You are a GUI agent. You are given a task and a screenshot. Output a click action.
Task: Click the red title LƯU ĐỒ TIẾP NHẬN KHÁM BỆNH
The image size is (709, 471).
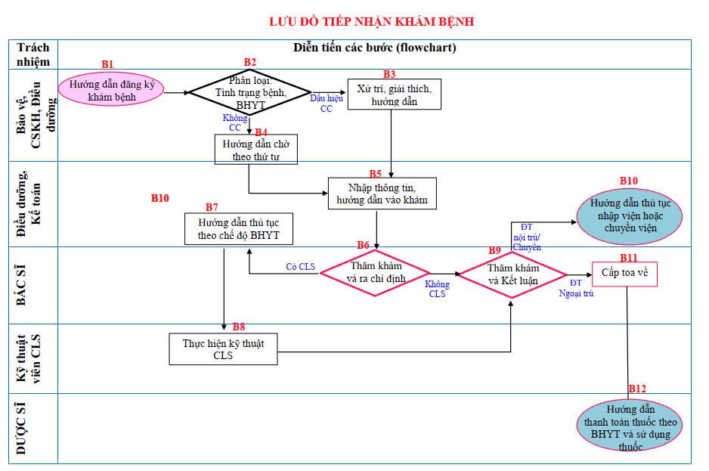[372, 21]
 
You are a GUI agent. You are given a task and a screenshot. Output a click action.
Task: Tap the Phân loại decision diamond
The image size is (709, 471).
[249, 92]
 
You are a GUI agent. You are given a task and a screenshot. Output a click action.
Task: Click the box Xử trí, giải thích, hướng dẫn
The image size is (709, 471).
[394, 95]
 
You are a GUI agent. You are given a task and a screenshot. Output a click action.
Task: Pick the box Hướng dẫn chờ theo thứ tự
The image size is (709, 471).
[255, 150]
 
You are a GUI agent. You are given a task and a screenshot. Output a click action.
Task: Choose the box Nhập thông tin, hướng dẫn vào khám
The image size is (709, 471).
[382, 194]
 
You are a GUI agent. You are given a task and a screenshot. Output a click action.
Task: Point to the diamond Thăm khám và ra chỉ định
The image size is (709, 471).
[376, 272]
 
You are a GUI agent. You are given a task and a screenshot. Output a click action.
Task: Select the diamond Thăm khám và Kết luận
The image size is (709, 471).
[512, 274]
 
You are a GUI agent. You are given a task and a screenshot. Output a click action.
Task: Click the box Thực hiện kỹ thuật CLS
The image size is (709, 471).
[223, 349]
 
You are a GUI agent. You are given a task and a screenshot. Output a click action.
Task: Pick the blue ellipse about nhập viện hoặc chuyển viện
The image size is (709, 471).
[630, 215]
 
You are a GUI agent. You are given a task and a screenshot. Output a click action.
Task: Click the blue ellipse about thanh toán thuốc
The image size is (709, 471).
[630, 427]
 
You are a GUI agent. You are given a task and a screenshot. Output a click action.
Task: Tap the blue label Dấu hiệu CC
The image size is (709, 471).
[327, 104]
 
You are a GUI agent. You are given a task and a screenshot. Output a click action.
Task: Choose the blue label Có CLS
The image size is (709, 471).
[300, 266]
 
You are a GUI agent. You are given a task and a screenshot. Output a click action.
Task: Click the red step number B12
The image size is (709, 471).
[637, 389]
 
